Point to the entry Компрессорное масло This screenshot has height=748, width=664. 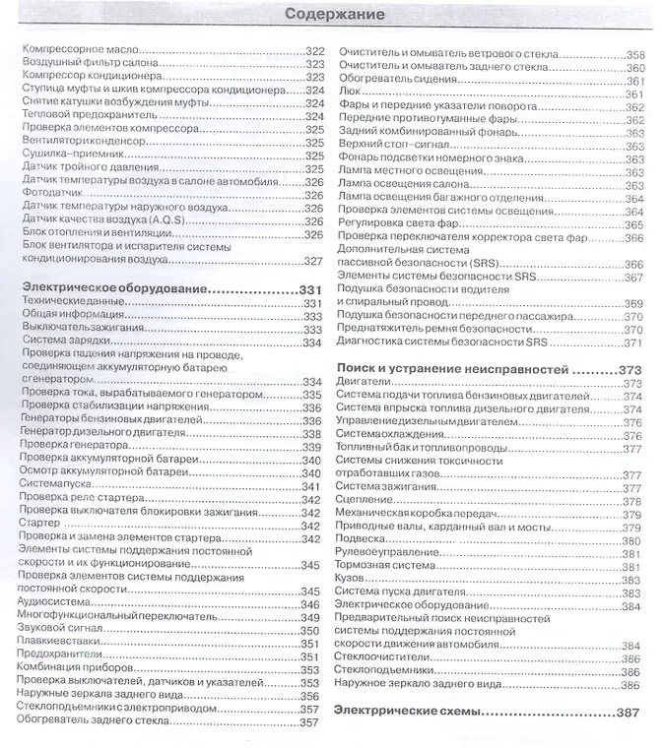click(78, 50)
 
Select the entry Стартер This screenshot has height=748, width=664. click(38, 524)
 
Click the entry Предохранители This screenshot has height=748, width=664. click(61, 657)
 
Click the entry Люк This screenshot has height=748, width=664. click(346, 93)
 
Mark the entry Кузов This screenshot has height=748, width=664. click(352, 580)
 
